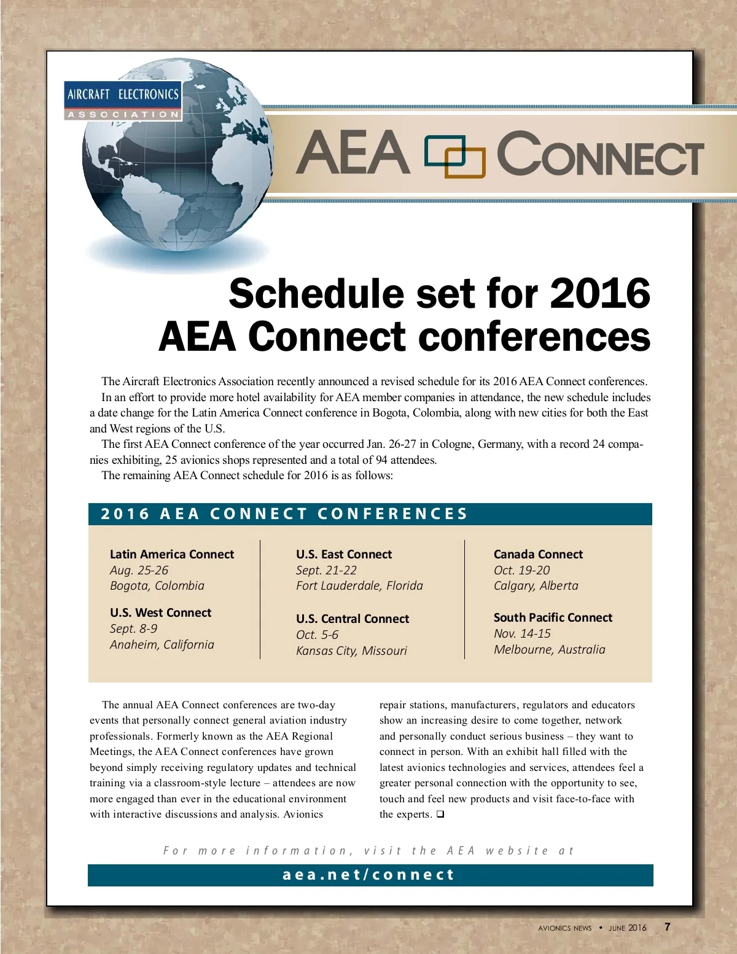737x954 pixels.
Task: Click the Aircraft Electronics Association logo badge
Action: tap(123, 100)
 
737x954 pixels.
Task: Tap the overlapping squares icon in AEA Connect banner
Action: tap(455, 157)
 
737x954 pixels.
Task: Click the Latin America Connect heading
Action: tap(172, 554)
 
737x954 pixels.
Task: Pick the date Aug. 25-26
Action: tap(139, 570)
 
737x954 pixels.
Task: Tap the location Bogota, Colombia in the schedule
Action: tap(157, 585)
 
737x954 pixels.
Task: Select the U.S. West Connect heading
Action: tap(160, 612)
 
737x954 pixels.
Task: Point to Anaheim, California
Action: tap(162, 644)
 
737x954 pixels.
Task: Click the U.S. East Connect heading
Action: tap(344, 554)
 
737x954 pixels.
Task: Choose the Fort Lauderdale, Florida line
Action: tap(359, 585)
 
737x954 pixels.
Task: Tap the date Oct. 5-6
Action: tap(317, 635)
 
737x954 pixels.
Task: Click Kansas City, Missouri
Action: tap(351, 651)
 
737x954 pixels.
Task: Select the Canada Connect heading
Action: tap(538, 554)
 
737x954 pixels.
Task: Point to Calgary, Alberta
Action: tap(536, 585)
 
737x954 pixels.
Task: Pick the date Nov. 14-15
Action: tap(522, 633)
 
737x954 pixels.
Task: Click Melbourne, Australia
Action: tap(550, 649)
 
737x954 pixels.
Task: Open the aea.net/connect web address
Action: tap(368, 875)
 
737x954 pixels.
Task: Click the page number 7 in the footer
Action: tap(668, 927)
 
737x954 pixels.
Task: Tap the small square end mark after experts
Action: tap(440, 815)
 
